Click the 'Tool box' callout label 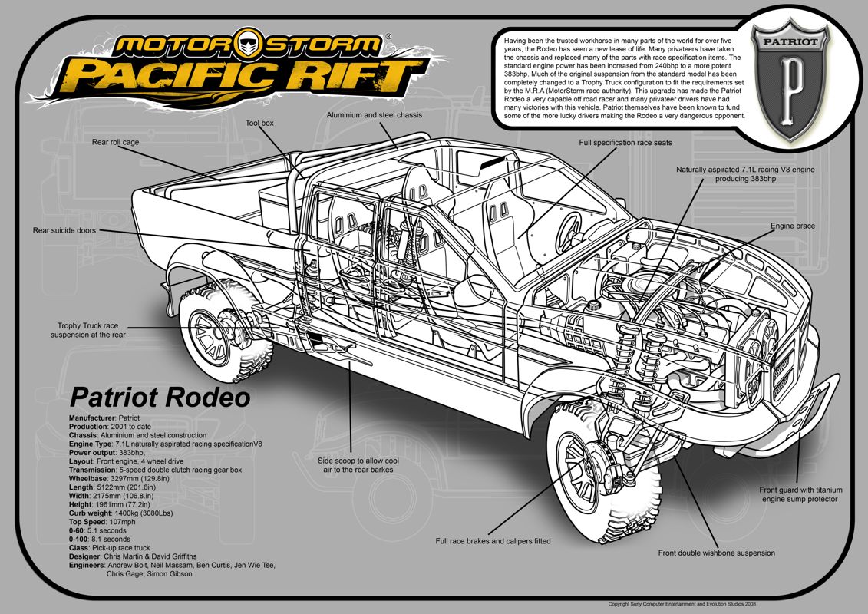point(259,122)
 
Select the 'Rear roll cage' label point(115,142)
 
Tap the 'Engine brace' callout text point(793,226)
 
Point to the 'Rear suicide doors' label point(64,230)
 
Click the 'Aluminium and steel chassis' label point(374,115)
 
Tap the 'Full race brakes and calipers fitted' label point(493,541)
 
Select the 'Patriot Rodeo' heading point(160,398)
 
